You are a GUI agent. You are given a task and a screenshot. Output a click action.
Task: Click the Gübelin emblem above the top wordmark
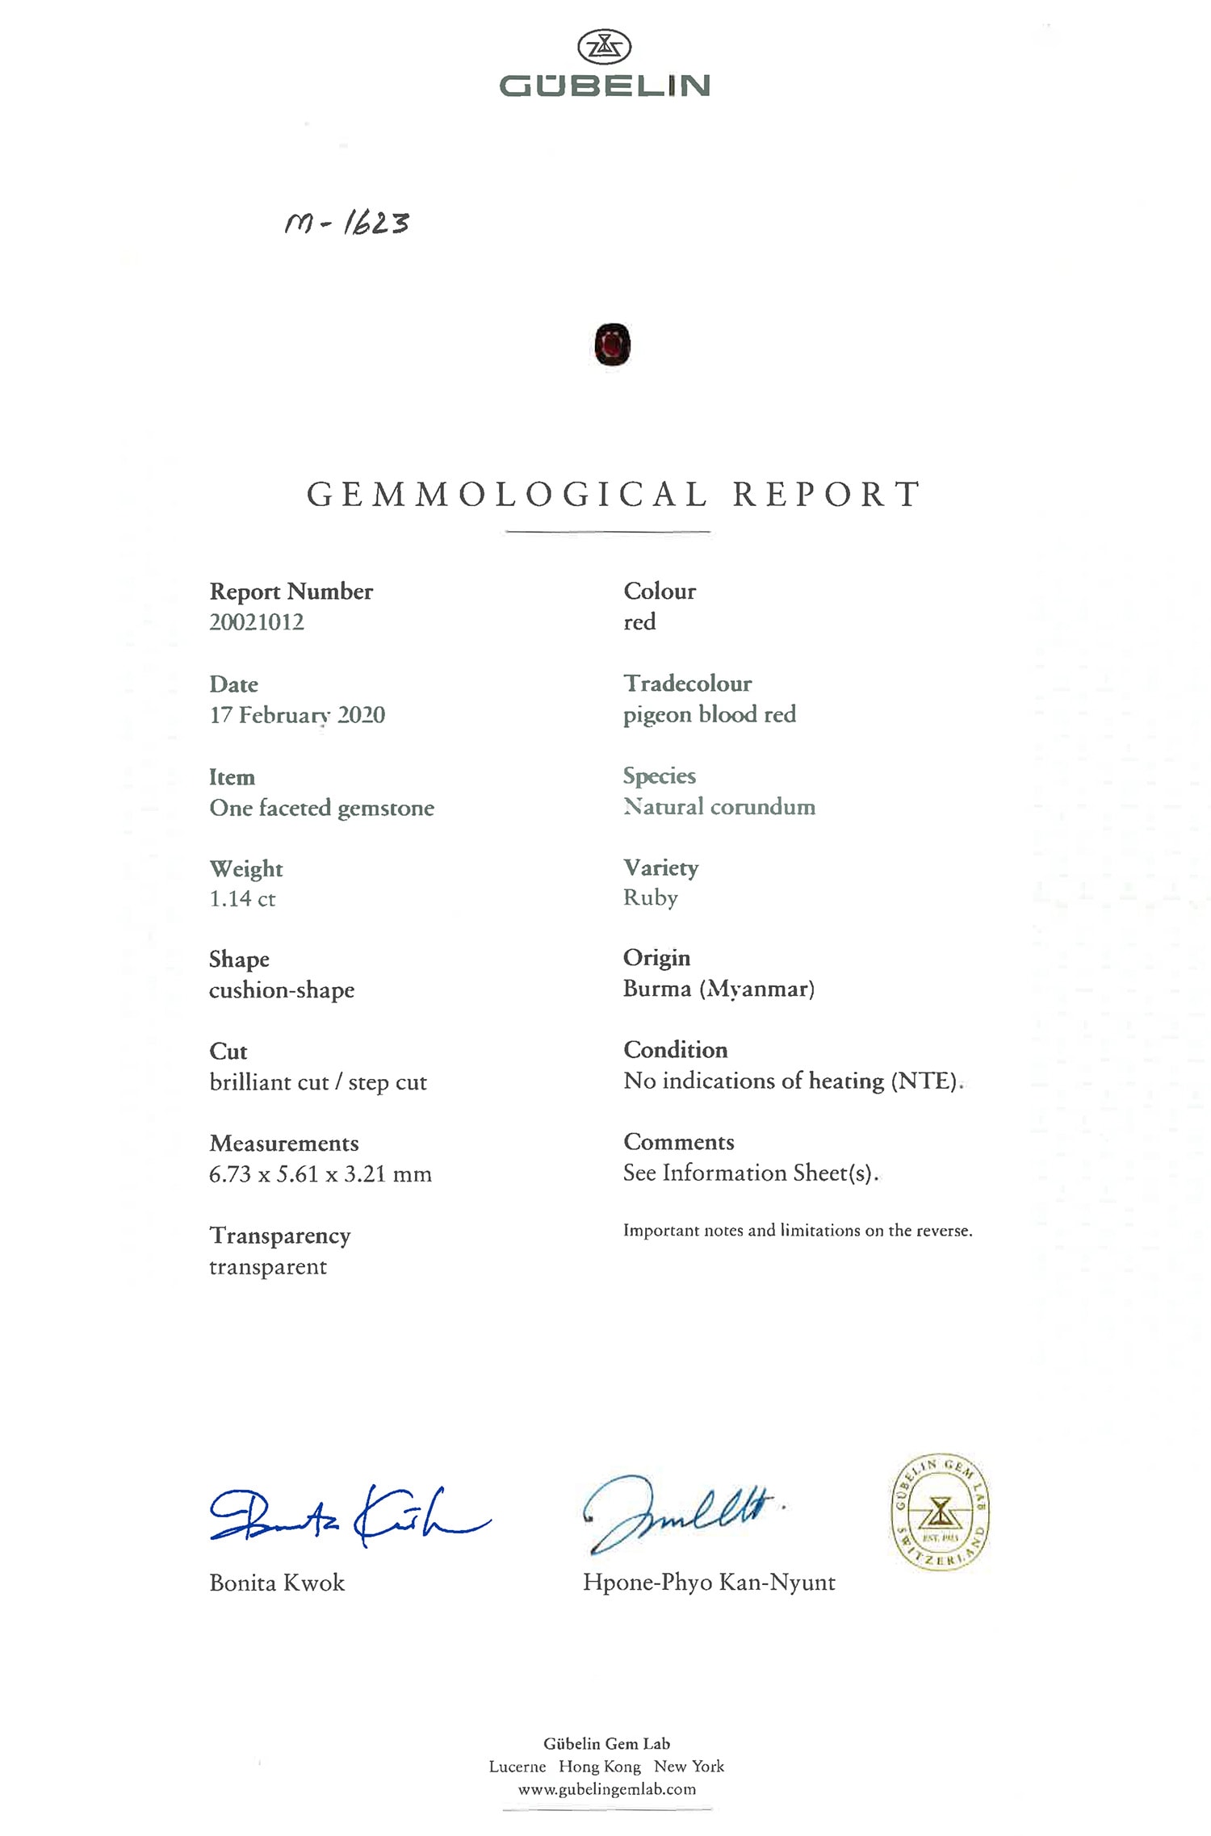coord(604,47)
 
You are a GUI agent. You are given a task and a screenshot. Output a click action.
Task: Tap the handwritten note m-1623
coord(347,223)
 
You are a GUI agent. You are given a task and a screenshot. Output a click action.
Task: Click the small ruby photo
coord(612,345)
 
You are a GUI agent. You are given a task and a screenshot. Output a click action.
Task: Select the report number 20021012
coord(257,622)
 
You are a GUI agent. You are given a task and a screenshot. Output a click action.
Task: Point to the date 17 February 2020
coord(297,715)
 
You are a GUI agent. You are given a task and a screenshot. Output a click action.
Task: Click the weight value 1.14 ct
coord(242,899)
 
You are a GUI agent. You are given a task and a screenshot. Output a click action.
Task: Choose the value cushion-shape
coord(282,990)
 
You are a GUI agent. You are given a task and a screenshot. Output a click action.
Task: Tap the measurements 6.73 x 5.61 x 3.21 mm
coord(321,1174)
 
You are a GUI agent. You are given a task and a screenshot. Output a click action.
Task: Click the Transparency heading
coord(280,1236)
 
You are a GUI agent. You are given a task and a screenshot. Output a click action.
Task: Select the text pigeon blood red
coord(709,714)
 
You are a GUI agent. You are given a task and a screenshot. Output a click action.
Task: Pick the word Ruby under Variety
coord(651,898)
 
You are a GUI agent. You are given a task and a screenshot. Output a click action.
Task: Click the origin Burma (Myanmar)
coord(719,989)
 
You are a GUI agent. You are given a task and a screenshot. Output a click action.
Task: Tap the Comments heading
coord(679,1142)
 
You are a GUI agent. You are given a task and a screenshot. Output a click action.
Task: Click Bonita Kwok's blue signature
coord(347,1516)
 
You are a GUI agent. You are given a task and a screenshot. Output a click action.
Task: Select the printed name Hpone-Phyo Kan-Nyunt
coord(709,1582)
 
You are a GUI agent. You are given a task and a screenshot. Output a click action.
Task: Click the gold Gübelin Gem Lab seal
coord(940,1512)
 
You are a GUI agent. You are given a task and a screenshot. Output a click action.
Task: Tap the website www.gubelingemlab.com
coord(606,1789)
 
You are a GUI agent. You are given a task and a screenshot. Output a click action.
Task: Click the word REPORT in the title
coord(826,495)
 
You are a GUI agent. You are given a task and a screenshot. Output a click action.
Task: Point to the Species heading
coord(659,776)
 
